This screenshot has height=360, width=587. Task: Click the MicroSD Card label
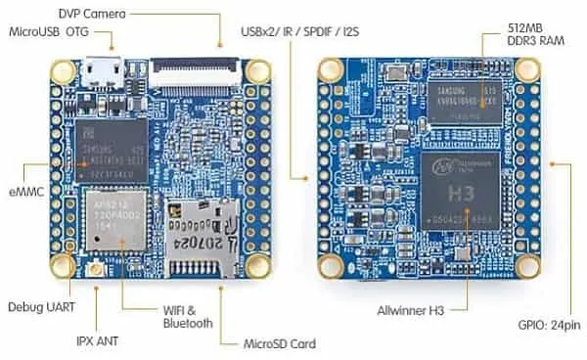click(x=279, y=343)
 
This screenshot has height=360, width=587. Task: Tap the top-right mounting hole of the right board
click(x=529, y=71)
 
